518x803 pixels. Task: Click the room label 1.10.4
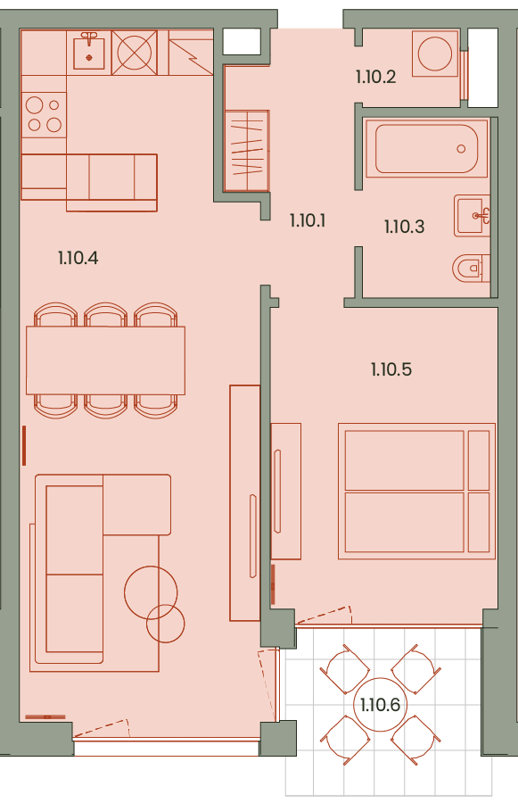pyautogui.click(x=78, y=258)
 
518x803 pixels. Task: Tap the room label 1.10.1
pyautogui.click(x=307, y=220)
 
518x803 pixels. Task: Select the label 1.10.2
pyautogui.click(x=375, y=77)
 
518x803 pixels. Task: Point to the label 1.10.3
pyautogui.click(x=405, y=227)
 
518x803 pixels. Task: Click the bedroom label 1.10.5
pyautogui.click(x=391, y=369)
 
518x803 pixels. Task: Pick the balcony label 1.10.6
pyautogui.click(x=380, y=705)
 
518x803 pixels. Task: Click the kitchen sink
pyautogui.click(x=89, y=51)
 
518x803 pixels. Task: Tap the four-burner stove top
pyautogui.click(x=44, y=115)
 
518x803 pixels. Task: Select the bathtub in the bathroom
pyautogui.click(x=426, y=148)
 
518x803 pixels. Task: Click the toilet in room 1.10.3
pyautogui.click(x=471, y=268)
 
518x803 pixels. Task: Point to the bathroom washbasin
pyautogui.click(x=472, y=216)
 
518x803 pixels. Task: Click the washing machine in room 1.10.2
pyautogui.click(x=435, y=54)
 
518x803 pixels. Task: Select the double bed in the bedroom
pyautogui.click(x=416, y=491)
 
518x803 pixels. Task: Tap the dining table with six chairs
pyautogui.click(x=105, y=360)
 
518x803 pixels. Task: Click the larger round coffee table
pyautogui.click(x=151, y=592)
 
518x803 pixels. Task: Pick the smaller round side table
pyautogui.click(x=165, y=624)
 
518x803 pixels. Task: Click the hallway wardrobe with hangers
pyautogui.click(x=247, y=151)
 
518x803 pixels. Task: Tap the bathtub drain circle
pyautogui.click(x=461, y=149)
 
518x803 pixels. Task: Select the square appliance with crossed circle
pyautogui.click(x=134, y=53)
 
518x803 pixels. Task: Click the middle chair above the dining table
pyautogui.click(x=105, y=314)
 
